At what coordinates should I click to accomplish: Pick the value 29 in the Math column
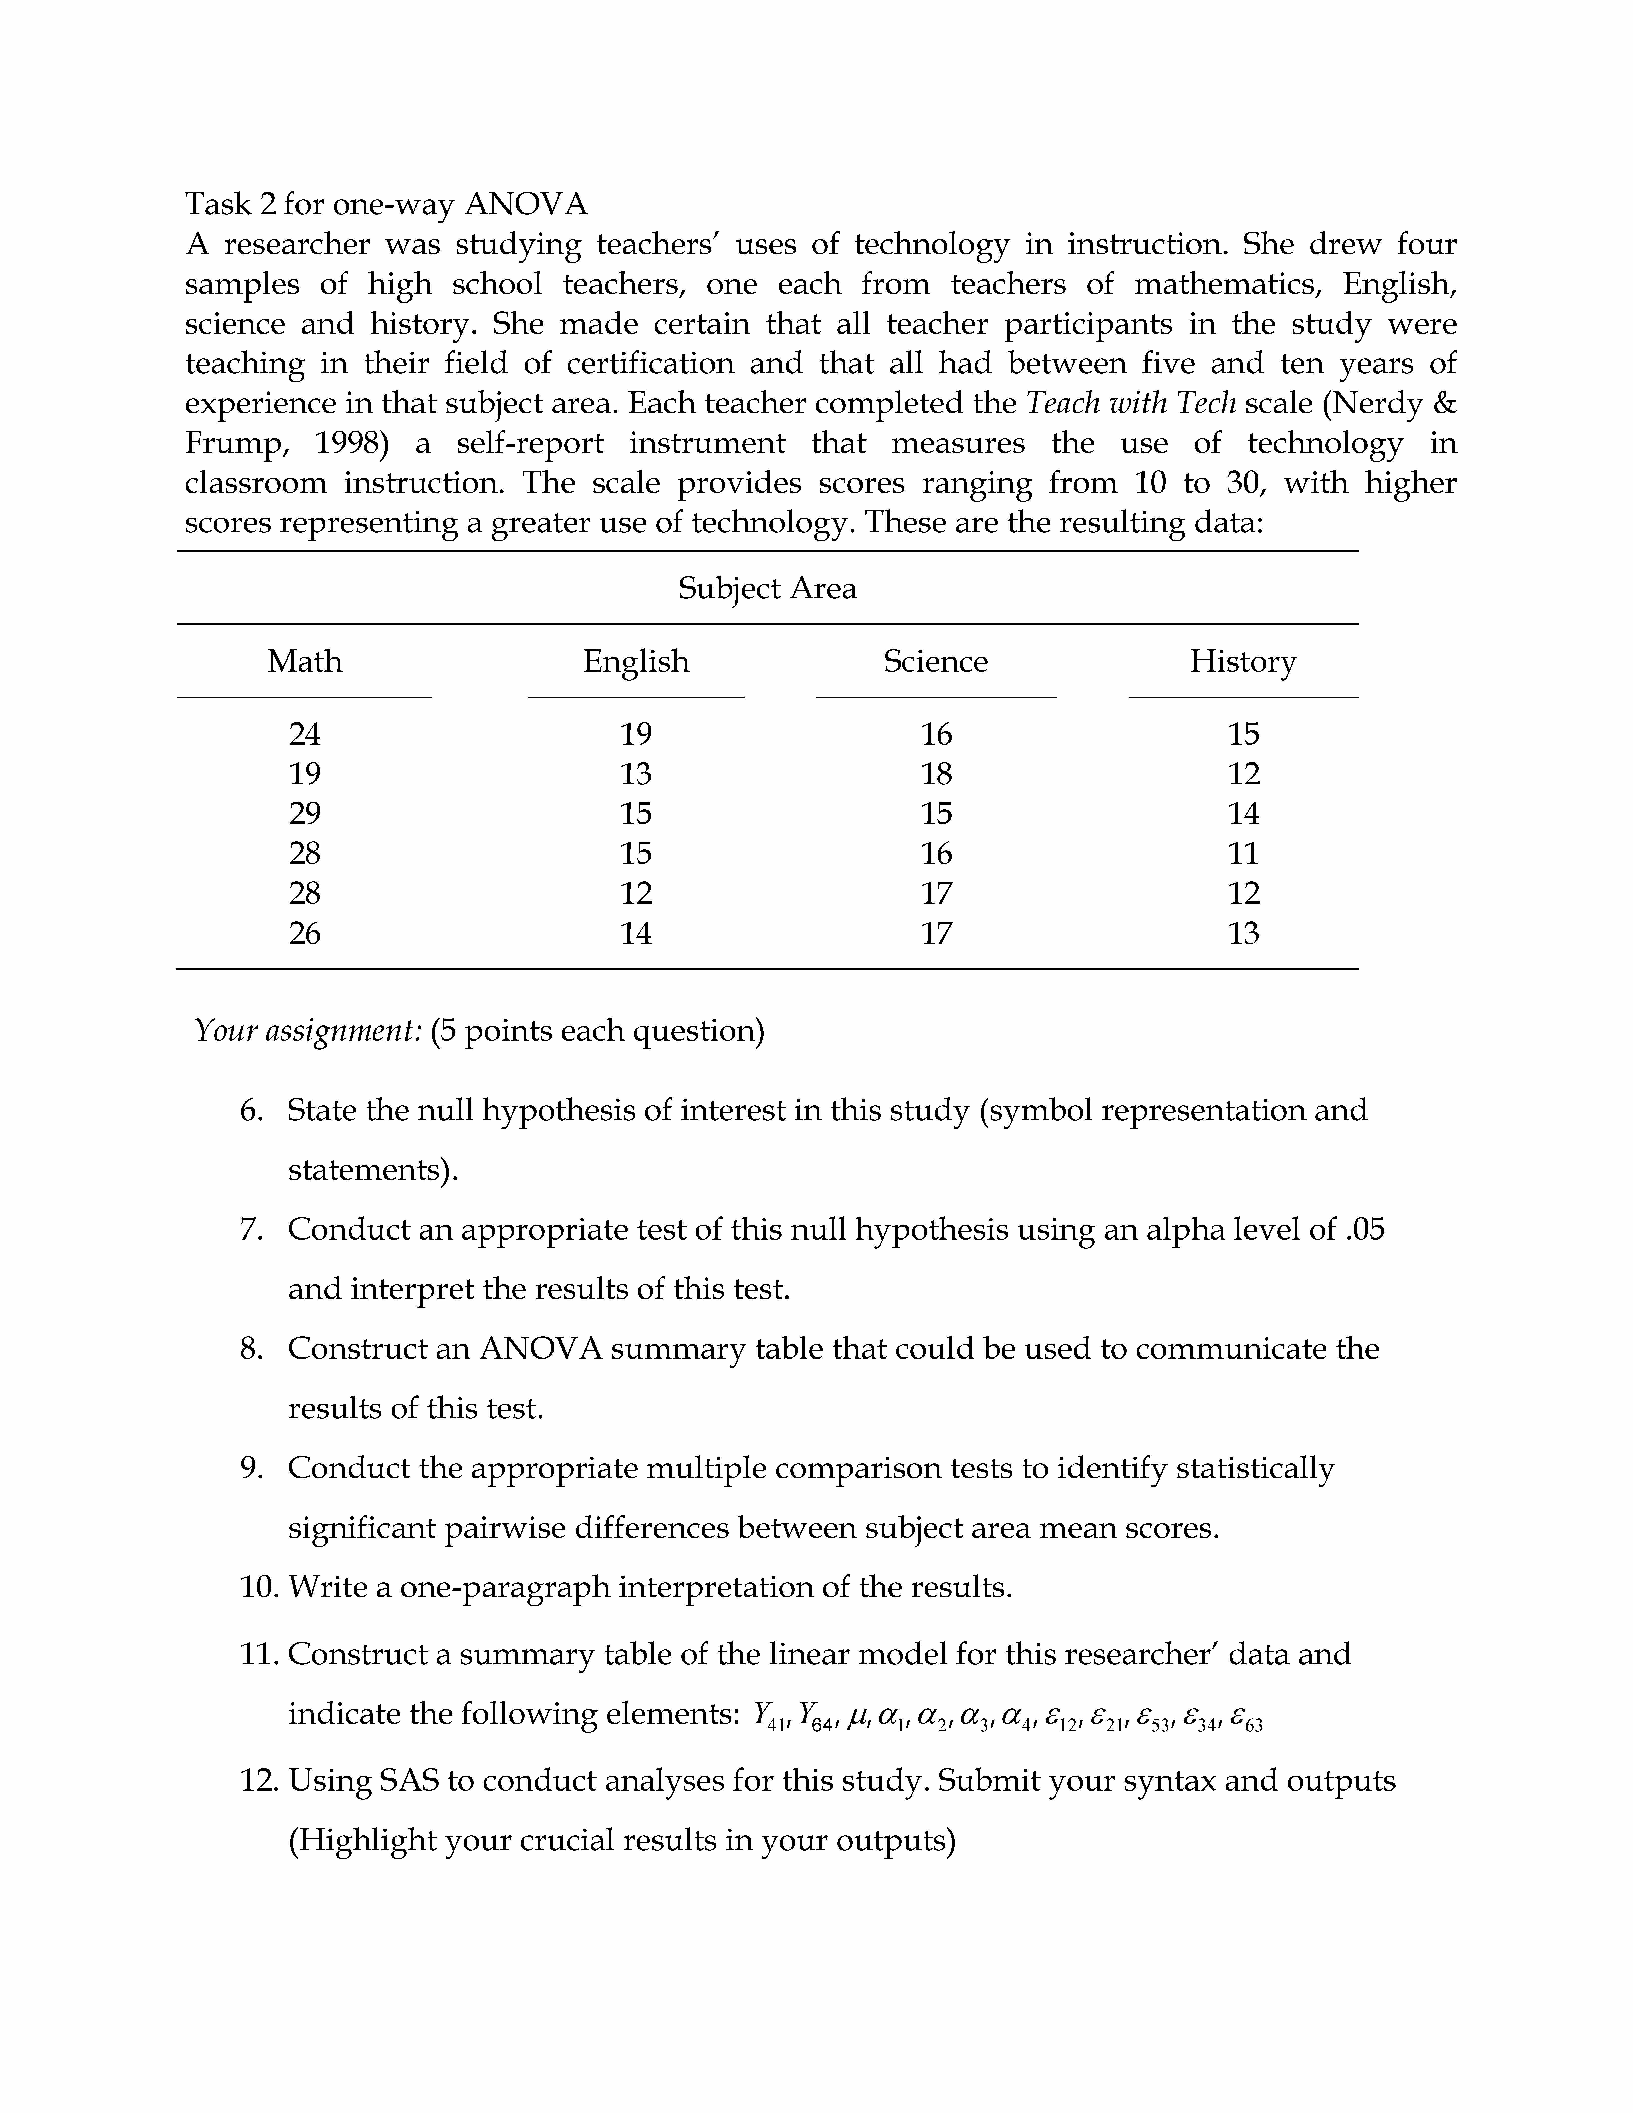(x=305, y=814)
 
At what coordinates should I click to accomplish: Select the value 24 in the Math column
(x=305, y=734)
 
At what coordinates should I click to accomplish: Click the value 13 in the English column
(x=636, y=774)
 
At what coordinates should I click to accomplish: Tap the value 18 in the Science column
(x=935, y=774)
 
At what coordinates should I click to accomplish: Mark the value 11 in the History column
(x=1243, y=853)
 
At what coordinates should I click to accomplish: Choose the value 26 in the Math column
(x=305, y=934)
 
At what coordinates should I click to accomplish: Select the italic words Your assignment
(x=308, y=1031)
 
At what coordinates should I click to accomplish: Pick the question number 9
(x=252, y=1469)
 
